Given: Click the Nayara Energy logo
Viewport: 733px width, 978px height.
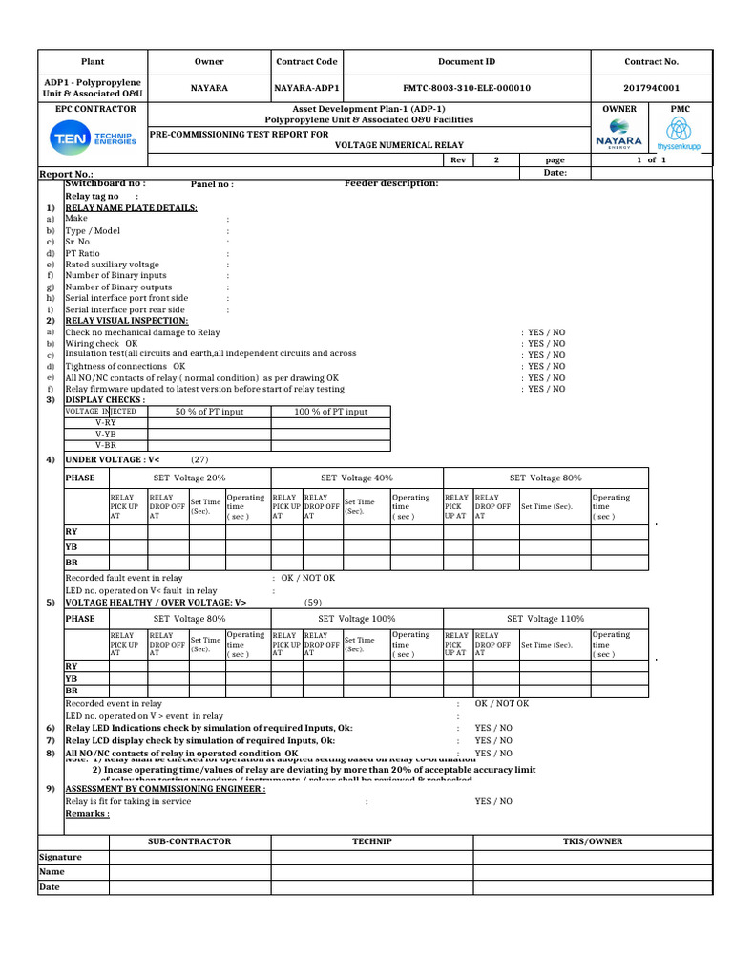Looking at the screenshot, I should (x=618, y=135).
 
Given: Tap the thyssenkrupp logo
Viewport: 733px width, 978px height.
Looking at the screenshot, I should (x=680, y=135).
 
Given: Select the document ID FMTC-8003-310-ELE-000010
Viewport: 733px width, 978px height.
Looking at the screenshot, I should (x=467, y=88).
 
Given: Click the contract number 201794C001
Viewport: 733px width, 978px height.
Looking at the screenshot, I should (x=651, y=88).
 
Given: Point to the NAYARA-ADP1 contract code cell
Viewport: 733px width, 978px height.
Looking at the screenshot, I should (x=306, y=88).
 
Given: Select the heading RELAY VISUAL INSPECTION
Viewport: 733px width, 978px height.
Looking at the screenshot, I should (x=126, y=321).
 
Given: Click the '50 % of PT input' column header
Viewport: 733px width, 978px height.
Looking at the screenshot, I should (x=209, y=412).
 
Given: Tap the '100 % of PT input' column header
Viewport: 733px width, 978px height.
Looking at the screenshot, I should (x=331, y=412).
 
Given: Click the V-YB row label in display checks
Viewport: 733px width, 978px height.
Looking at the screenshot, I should (x=105, y=434).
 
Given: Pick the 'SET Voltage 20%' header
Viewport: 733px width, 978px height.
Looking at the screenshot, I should (x=190, y=478).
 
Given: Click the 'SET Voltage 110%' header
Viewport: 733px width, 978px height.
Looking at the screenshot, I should (x=545, y=619).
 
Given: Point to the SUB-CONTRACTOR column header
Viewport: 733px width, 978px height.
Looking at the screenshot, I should (x=189, y=841).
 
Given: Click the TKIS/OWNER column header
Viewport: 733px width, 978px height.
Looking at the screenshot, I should (x=592, y=841).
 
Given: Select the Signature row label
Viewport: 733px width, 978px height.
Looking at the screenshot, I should (x=60, y=857).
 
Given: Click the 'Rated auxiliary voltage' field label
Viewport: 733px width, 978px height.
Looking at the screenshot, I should (x=112, y=265).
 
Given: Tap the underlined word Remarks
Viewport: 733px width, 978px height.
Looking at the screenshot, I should (x=87, y=814).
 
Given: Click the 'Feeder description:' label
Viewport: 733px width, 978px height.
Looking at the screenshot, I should (x=391, y=183).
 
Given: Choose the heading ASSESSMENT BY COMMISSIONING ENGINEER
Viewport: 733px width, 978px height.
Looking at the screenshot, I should (x=165, y=790).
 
